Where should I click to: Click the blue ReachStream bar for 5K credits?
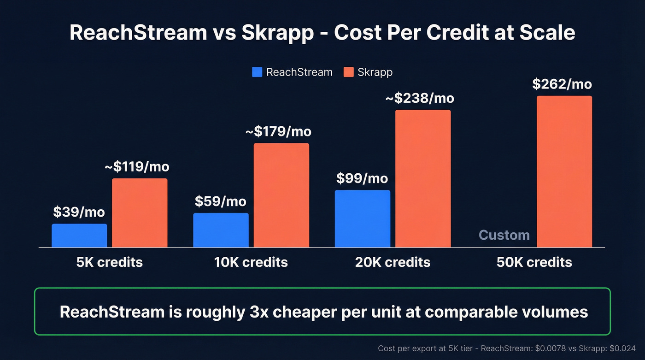click(79, 236)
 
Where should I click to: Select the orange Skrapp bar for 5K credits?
click(140, 212)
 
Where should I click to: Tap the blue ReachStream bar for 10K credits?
click(221, 230)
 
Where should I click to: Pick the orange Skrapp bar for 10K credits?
click(281, 195)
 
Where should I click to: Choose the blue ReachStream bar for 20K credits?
click(362, 218)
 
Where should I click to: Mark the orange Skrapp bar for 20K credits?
click(423, 178)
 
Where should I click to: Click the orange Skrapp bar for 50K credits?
click(564, 171)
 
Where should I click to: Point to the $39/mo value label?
click(79, 212)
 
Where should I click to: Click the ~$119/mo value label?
click(137, 166)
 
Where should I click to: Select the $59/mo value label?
click(220, 201)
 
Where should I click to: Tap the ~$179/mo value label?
click(278, 131)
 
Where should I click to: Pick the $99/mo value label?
click(362, 178)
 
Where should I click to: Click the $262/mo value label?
click(562, 84)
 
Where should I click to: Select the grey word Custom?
click(504, 235)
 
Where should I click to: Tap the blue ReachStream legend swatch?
click(257, 72)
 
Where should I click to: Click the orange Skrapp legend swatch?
click(348, 72)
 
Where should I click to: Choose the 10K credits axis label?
click(251, 262)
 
